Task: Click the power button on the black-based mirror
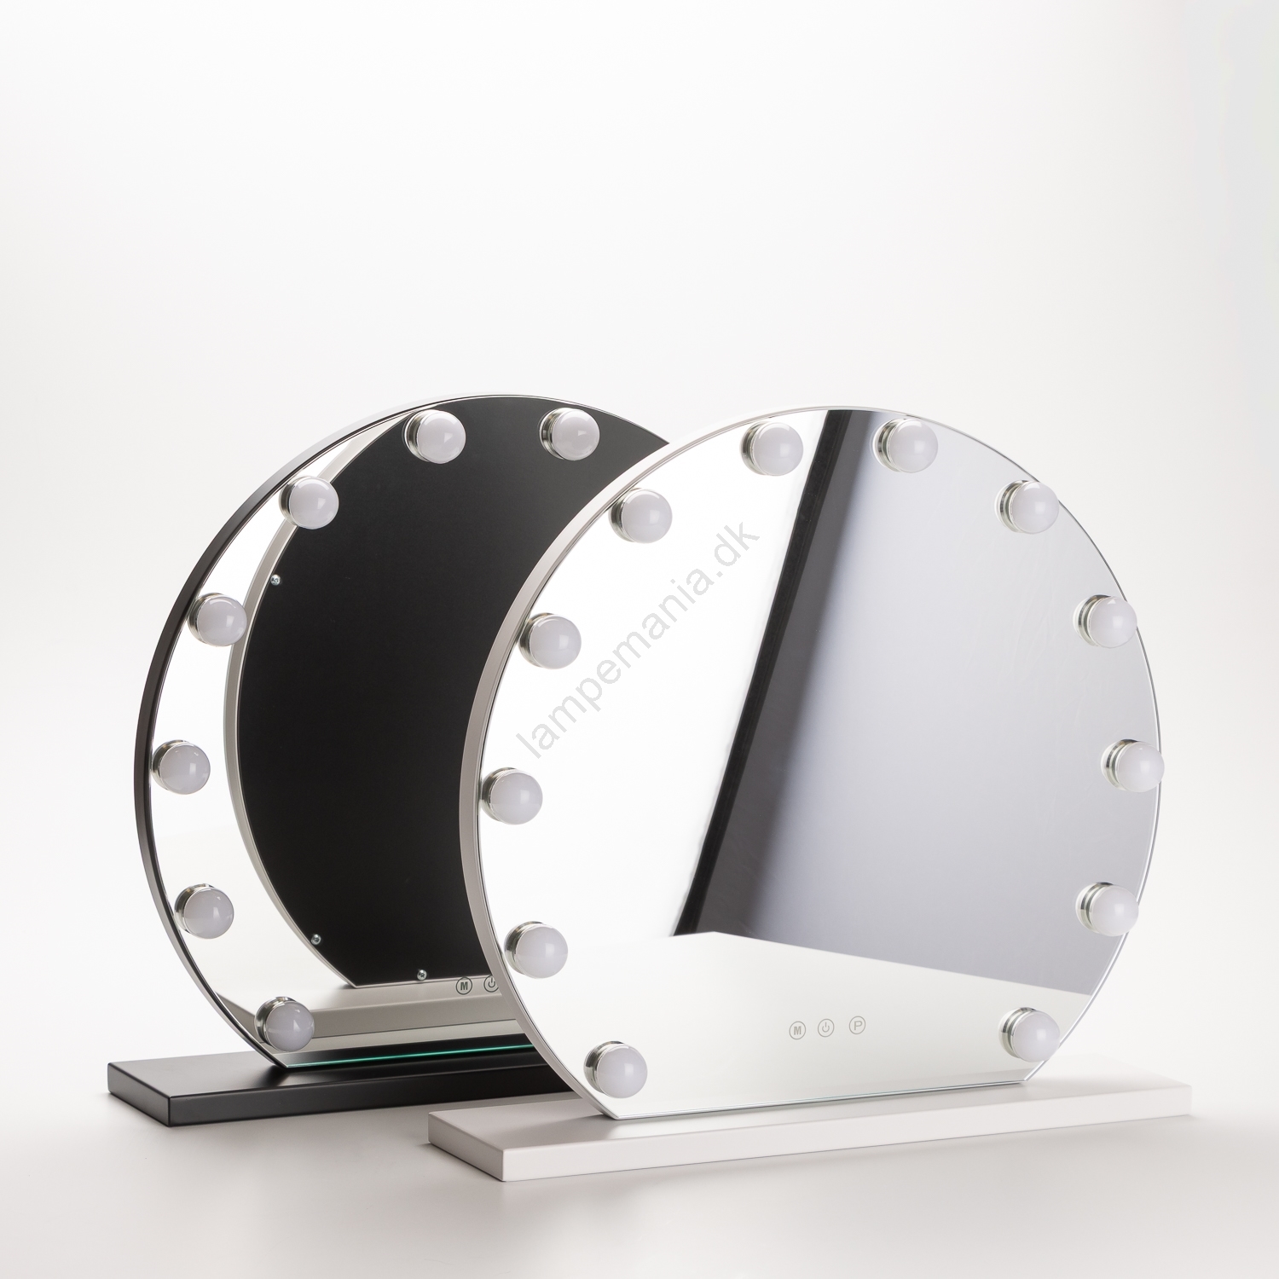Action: (x=490, y=984)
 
